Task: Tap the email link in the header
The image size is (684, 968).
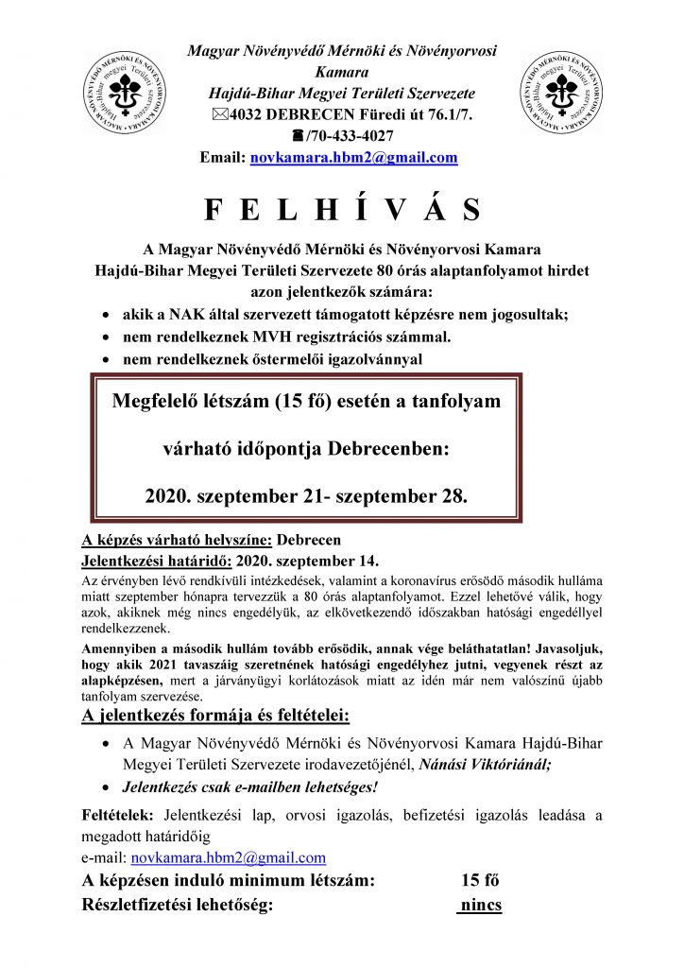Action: (353, 158)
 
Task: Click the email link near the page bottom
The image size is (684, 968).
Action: (228, 858)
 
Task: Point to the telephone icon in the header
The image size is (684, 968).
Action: (299, 136)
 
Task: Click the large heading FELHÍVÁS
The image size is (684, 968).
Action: (341, 209)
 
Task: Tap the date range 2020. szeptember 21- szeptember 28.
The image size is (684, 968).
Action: (306, 493)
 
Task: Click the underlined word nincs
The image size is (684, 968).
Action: (479, 905)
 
